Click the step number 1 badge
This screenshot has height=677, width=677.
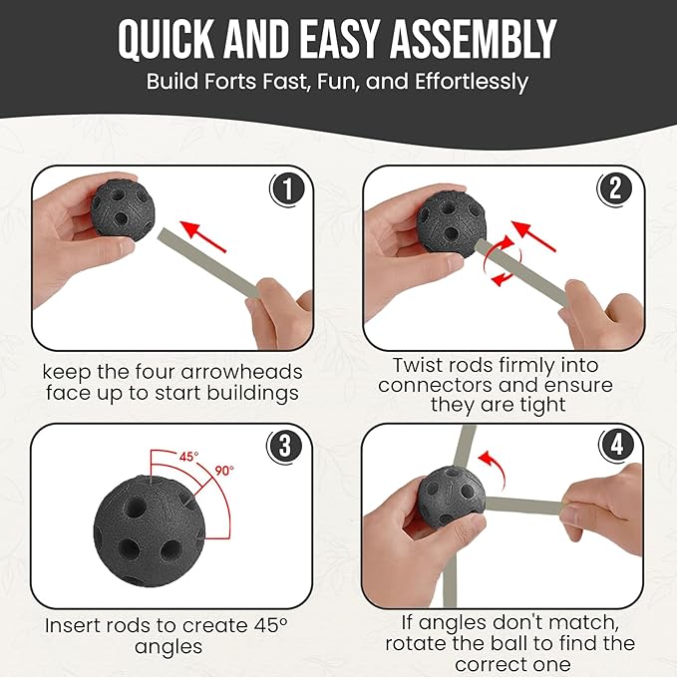point(287,189)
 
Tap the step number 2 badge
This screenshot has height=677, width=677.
point(615,188)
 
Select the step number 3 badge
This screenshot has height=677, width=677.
point(284,446)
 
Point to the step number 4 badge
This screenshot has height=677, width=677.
point(617,445)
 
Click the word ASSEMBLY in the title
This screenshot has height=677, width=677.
point(474,39)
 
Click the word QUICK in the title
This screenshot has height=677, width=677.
point(166,39)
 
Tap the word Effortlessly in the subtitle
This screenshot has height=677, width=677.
point(472,82)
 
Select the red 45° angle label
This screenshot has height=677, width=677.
point(189,457)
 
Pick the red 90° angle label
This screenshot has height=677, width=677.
point(224,471)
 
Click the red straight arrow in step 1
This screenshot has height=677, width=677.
point(203,235)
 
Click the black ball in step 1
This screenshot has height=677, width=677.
point(123,208)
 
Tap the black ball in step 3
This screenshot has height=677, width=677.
point(150,530)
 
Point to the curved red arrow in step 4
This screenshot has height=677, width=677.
point(495,468)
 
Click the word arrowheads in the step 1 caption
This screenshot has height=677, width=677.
point(241,372)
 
